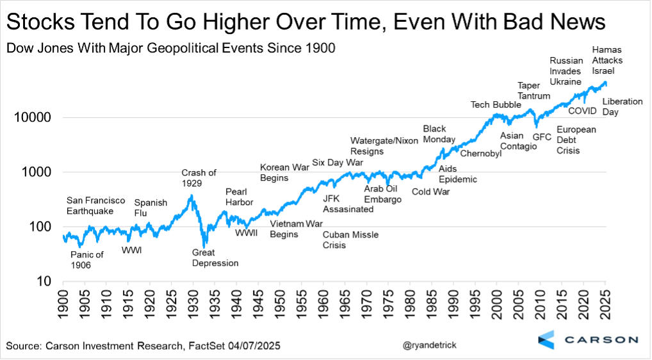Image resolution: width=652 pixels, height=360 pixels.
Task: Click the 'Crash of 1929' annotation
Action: click(x=199, y=177)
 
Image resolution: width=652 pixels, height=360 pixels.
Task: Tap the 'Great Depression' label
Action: click(x=215, y=258)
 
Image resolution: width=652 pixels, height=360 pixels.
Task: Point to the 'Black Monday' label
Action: click(x=439, y=134)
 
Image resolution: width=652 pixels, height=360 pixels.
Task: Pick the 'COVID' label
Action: click(x=582, y=111)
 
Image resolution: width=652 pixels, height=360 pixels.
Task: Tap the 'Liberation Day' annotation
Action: click(x=622, y=106)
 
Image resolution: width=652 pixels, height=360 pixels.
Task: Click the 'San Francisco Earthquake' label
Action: click(x=96, y=206)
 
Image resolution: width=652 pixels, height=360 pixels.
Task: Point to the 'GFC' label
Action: click(x=542, y=136)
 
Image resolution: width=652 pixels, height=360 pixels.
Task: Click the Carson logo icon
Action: click(x=546, y=340)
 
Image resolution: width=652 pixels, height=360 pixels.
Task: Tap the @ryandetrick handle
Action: click(x=432, y=346)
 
